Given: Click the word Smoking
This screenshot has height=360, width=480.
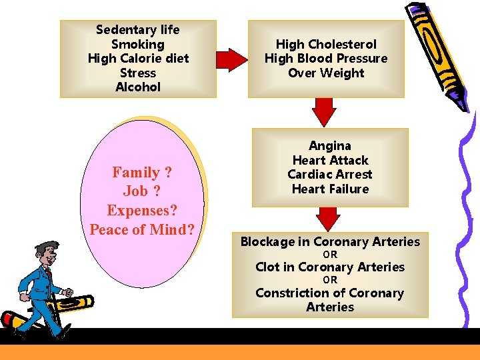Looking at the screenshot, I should pyautogui.click(x=138, y=44).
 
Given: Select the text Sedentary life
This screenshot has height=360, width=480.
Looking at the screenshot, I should pyautogui.click(x=138, y=29).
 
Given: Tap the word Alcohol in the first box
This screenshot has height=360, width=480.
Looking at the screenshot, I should pyautogui.click(x=138, y=87).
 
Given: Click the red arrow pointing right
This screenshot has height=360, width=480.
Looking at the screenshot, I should pyautogui.click(x=232, y=60).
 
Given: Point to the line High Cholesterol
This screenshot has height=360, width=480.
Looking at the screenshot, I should pyautogui.click(x=326, y=44).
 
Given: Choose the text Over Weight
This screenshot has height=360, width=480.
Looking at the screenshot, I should pyautogui.click(x=326, y=73).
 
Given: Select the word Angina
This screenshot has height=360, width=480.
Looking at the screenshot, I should pyautogui.click(x=330, y=145).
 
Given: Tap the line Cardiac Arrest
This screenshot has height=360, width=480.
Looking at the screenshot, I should pyautogui.click(x=330, y=175).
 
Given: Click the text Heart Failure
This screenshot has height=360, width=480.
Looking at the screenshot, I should pyautogui.click(x=330, y=189).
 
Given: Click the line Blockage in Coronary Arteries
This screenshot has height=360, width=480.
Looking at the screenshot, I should pyautogui.click(x=330, y=242).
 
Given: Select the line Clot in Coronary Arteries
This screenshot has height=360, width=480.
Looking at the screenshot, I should pyautogui.click(x=330, y=267).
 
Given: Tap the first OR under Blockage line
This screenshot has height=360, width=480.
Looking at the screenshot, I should pyautogui.click(x=330, y=255).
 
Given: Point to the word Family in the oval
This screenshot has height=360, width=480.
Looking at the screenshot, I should pyautogui.click(x=135, y=173).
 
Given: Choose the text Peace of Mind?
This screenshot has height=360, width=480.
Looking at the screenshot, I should pyautogui.click(x=142, y=230).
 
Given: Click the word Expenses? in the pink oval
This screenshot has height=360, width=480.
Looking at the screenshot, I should pyautogui.click(x=142, y=211).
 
